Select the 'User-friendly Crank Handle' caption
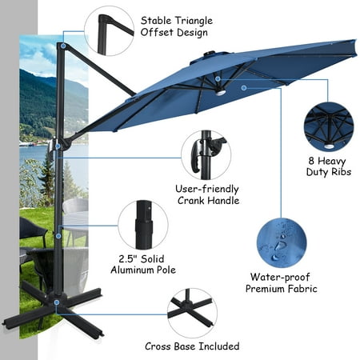208,194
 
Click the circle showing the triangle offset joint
109,30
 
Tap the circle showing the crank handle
206,154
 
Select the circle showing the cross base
191,313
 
